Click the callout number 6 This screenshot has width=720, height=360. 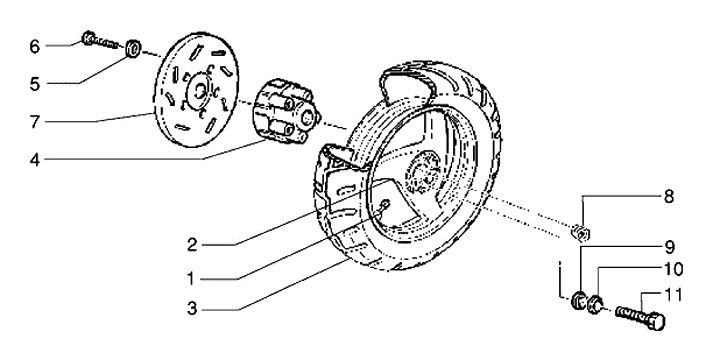pos(35,47)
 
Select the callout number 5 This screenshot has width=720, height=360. pos(35,84)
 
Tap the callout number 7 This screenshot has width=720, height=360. pos(35,123)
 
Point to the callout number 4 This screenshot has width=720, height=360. pos(35,161)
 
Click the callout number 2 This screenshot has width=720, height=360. pos(192,245)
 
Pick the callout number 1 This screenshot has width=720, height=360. pos(192,278)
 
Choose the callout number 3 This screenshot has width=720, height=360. pos(192,309)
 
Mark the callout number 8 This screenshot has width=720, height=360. pos(669,197)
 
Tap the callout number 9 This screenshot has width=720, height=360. pos(669,248)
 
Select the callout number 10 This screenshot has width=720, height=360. pos(674,270)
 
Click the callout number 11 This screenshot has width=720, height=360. pos(673,295)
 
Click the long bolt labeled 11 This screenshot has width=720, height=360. pos(640,317)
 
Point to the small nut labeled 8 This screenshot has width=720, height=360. pos(581,233)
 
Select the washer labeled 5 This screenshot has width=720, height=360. pos(134,49)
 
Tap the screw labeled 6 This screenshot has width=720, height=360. pos(100,41)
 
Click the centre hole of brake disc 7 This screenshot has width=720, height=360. pos(199,91)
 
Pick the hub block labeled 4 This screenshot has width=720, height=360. pos(285,111)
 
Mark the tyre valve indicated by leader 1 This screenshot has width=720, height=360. pos(382,207)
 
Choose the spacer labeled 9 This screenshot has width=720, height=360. pos(579,301)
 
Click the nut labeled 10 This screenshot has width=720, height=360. pos(596,303)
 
